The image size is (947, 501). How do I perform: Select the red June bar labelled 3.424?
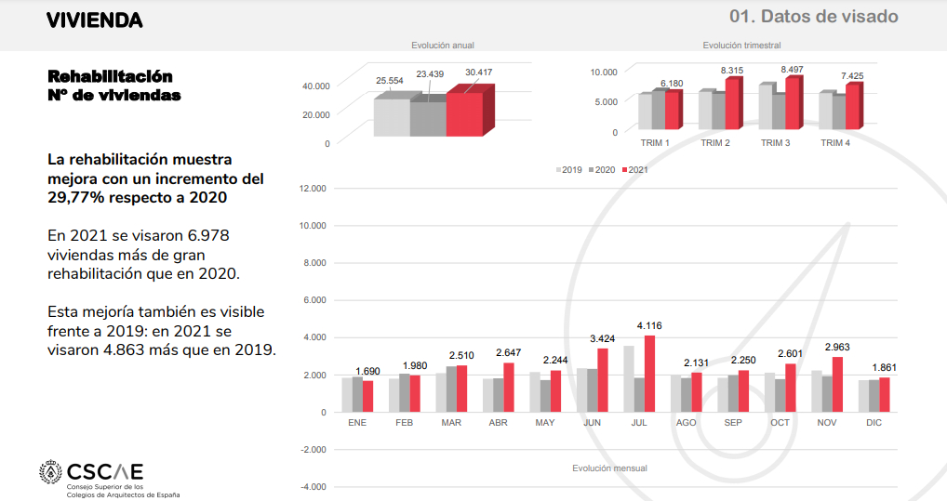(602, 380)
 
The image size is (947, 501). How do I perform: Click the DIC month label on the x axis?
(874, 423)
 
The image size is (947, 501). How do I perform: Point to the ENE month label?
(357, 423)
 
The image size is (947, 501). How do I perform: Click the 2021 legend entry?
(635, 170)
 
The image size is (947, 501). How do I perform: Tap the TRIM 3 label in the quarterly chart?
(775, 143)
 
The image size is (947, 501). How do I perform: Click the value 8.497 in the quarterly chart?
(794, 71)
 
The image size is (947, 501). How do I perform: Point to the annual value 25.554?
(390, 81)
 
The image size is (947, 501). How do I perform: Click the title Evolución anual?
(443, 45)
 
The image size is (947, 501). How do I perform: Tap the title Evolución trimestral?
(741, 45)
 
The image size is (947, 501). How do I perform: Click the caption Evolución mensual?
(609, 468)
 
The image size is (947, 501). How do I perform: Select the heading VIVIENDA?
(95, 20)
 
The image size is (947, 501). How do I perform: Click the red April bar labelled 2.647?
(508, 388)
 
